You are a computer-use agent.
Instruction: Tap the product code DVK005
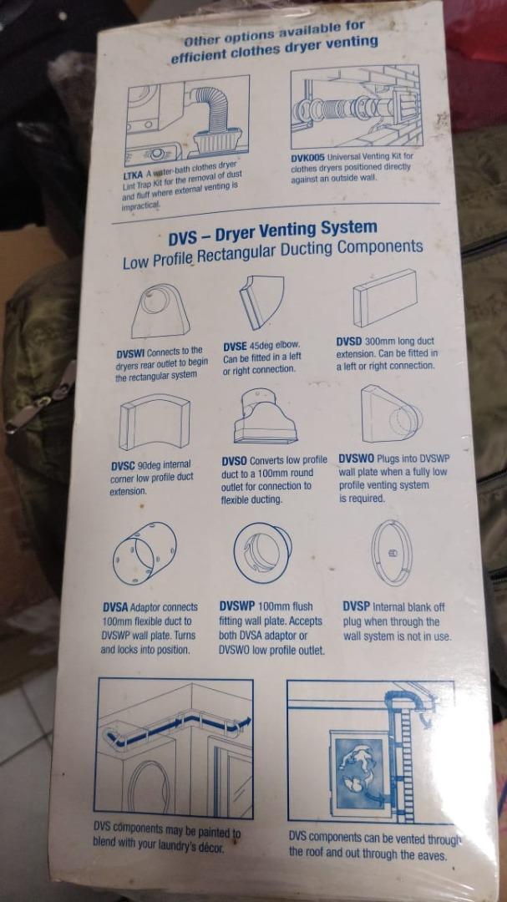point(308,156)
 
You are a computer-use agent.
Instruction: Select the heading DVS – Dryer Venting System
point(272,228)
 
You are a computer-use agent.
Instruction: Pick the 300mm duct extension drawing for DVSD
point(384,298)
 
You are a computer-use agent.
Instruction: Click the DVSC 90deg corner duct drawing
point(155,422)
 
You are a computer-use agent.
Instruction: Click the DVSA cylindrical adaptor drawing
point(144,553)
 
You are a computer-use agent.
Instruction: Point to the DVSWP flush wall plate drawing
point(262,551)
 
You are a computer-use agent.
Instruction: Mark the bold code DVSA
point(115,607)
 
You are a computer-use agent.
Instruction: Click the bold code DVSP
point(357,606)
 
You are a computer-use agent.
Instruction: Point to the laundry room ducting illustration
point(175,747)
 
